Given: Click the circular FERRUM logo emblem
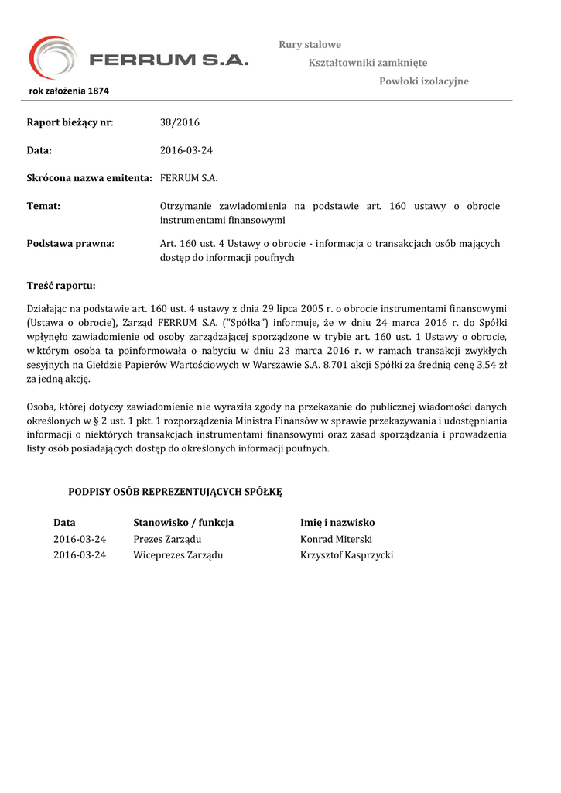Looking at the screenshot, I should (53, 58).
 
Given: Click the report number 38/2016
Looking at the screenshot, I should (180, 122).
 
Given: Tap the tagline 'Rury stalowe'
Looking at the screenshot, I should (310, 45).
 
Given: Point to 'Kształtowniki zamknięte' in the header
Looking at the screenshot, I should (368, 63).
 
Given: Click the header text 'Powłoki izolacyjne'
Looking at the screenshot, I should (423, 81).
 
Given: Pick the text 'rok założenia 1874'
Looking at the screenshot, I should (69, 91).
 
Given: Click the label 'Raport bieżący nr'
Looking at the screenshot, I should (70, 122).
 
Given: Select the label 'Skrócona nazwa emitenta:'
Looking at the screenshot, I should (89, 178).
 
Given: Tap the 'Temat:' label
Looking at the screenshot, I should (43, 206).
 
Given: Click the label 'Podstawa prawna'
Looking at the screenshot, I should (70, 244).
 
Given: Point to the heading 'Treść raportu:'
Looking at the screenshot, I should (61, 286).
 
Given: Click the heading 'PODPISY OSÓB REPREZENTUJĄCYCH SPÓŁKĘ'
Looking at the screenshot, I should (176, 492).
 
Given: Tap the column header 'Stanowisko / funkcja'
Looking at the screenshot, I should (183, 523).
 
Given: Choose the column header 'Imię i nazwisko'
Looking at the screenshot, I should (337, 523).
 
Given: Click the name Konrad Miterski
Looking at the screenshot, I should (336, 539).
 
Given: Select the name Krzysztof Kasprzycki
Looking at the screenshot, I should (347, 555).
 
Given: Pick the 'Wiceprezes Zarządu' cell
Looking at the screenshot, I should (178, 555).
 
